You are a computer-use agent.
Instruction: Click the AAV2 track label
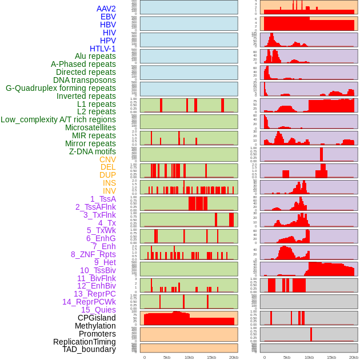click(106, 9)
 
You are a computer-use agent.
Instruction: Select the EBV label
click(108, 17)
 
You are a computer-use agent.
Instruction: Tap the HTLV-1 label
click(102, 49)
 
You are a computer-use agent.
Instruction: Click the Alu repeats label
click(95, 57)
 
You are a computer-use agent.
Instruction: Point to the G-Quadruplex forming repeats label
click(61, 89)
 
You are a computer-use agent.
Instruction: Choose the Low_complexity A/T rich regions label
click(58, 120)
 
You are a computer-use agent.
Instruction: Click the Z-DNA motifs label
click(92, 151)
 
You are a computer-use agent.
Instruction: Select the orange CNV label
click(107, 159)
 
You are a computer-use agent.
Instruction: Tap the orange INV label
click(109, 191)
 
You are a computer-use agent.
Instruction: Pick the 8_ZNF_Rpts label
click(93, 254)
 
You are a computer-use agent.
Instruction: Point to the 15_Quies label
click(98, 310)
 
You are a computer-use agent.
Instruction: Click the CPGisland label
click(97, 318)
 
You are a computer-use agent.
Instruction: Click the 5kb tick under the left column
click(167, 357)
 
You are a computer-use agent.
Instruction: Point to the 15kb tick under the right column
click(331, 357)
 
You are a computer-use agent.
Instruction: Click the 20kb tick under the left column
click(233, 357)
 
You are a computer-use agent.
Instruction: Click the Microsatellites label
click(90, 128)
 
